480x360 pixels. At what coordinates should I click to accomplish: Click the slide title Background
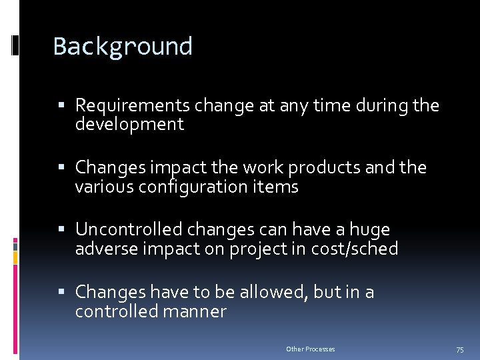(x=123, y=47)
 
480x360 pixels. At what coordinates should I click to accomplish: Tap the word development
(x=129, y=124)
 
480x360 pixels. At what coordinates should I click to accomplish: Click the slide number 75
(x=459, y=349)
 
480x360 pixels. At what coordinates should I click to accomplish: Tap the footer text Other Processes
(x=311, y=349)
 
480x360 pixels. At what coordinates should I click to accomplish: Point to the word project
(x=255, y=249)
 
